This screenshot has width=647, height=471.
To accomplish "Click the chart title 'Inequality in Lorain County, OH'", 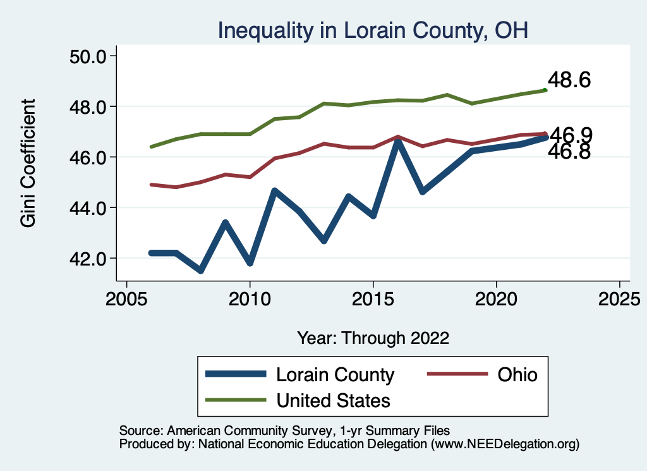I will pos(372,30).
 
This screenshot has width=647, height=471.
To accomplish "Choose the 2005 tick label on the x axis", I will pos(127,297).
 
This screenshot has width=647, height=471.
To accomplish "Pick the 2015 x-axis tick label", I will pos(373,297).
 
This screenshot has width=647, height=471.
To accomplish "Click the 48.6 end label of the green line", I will pos(569,80).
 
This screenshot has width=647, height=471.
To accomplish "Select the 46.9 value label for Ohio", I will pos(571,135).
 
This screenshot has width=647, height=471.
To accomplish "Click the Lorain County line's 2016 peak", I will pos(397,142).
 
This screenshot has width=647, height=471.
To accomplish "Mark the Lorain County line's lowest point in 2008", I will pos(201,270).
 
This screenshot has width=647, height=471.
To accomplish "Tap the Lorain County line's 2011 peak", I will pos(274,191).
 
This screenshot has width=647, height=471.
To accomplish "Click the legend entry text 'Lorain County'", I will pos(335,374).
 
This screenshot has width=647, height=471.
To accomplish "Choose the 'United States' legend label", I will pos(333,400).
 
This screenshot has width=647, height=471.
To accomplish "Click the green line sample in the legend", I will pos(236,400).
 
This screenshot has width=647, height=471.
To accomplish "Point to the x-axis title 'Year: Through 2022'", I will pos(373,338).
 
